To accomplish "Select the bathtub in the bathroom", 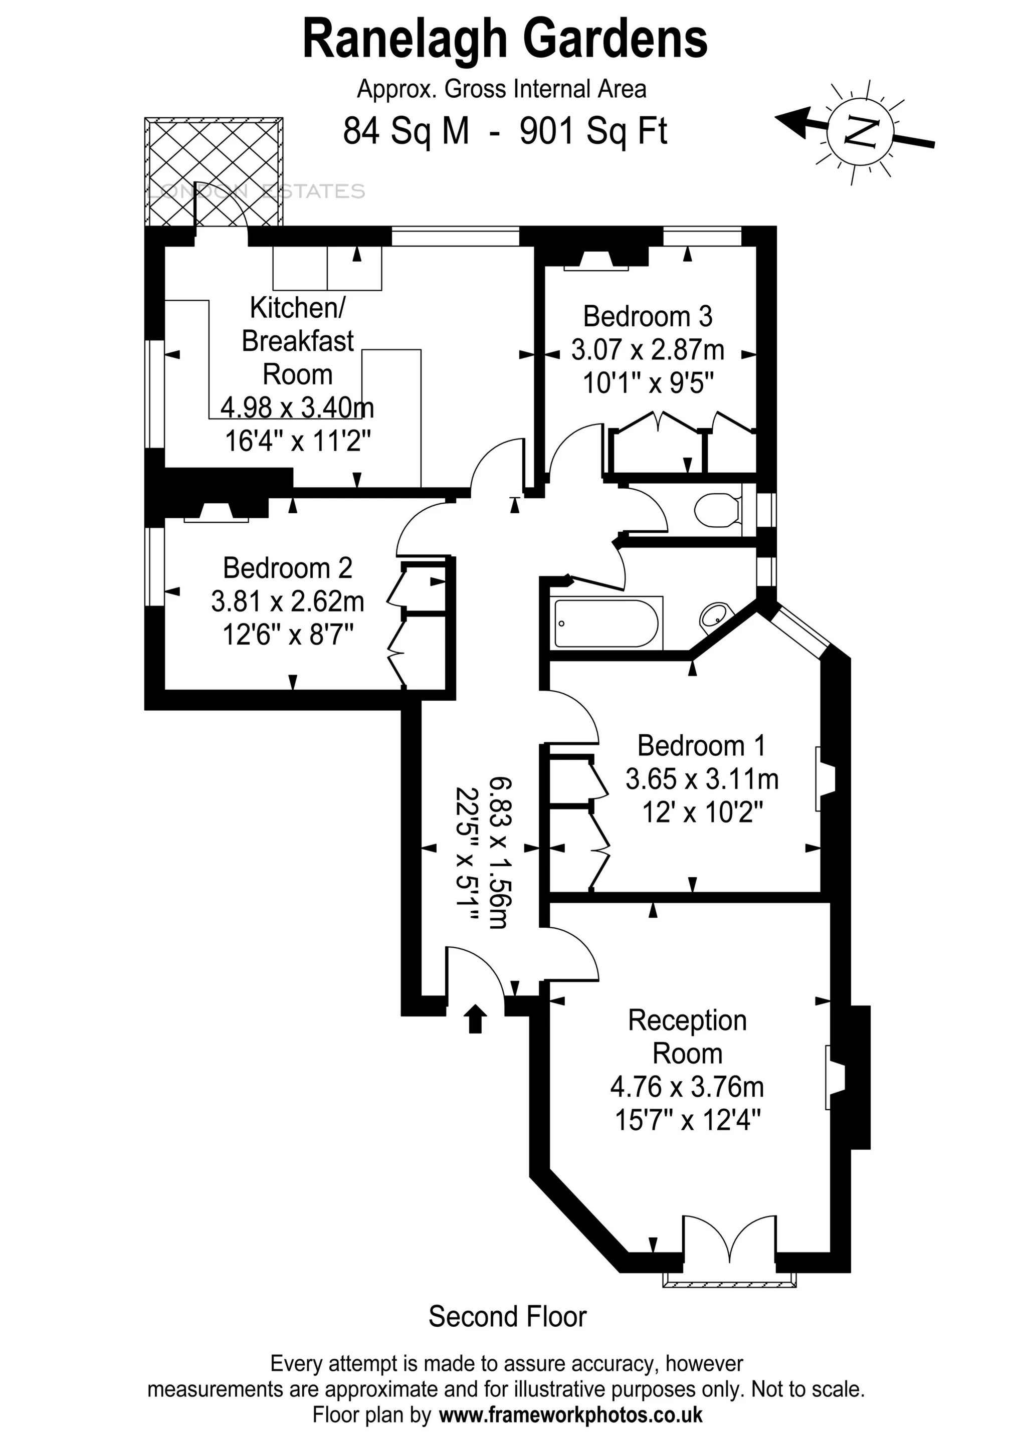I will pos(606,624).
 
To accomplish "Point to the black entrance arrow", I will pos(475,1018).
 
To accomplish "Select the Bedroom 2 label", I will pos(287,568).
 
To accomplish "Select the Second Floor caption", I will pos(507,1317).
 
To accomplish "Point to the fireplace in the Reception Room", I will pos(836,1077).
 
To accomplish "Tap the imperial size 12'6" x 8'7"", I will pos(288,636).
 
